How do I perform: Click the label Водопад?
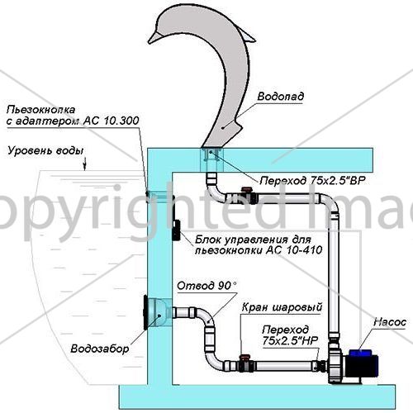coord(281,97)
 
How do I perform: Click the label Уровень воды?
coord(45,151)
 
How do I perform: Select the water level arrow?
coord(85,164)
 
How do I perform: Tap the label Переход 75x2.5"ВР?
coord(312,181)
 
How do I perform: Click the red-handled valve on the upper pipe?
coord(247,195)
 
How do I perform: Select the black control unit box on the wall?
coord(176,230)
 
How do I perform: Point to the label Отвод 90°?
coord(206,286)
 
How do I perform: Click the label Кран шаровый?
coord(282,307)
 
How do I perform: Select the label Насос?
coord(390,322)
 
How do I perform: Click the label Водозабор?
coord(100,349)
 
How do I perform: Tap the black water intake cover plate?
coord(145,312)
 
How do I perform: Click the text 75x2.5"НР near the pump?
coord(290,341)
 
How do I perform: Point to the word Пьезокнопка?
coord(40,110)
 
